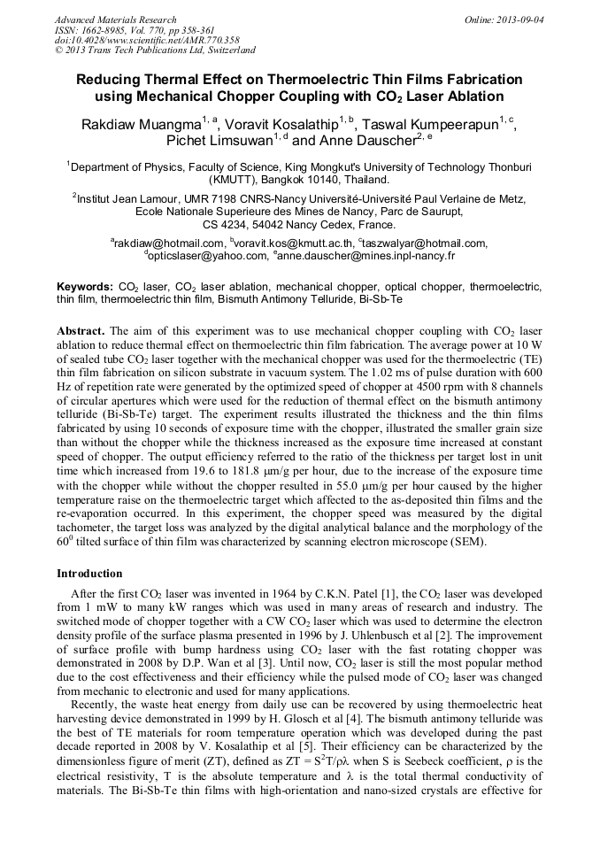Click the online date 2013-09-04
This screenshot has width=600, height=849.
(x=517, y=19)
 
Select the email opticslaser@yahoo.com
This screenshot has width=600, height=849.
(x=205, y=256)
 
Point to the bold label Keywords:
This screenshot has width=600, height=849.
(x=84, y=288)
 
